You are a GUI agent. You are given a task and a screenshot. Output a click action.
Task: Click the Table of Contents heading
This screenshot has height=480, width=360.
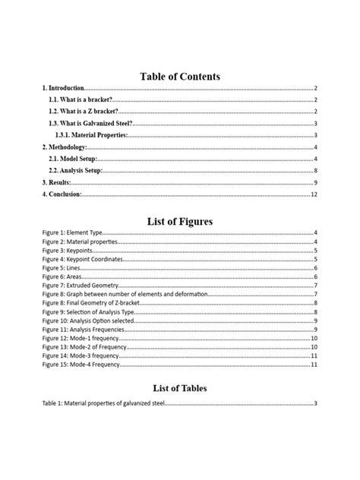pos(180,76)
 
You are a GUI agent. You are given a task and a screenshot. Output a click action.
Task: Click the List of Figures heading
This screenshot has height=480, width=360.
pos(180,221)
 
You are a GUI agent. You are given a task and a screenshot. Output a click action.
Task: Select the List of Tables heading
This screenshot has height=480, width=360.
pos(180,388)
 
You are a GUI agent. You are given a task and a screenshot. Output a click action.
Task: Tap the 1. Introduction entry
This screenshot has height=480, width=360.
pos(64,89)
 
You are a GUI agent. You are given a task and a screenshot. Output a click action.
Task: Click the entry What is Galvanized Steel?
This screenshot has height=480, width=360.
pos(90,123)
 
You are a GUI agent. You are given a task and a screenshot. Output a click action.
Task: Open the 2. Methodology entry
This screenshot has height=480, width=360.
pos(65,147)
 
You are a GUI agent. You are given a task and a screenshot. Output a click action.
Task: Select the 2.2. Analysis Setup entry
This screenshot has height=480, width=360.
pos(75,171)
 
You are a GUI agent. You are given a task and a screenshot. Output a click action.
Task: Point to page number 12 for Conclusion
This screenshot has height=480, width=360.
pos(314,194)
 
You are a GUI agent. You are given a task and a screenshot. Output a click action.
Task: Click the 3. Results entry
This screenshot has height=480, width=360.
pos(57,183)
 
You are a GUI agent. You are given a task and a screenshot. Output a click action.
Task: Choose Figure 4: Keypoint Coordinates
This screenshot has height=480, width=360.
pos(81,259)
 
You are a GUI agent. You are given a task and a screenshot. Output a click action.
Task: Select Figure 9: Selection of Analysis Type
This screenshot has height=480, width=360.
pos(90,312)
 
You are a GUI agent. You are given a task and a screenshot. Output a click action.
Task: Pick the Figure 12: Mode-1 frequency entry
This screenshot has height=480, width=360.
pos(81,339)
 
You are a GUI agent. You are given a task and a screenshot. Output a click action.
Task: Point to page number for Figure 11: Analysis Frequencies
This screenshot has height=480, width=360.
pos(314,330)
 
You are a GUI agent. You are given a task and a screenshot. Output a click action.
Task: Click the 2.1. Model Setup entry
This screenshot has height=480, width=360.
pos(73,159)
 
